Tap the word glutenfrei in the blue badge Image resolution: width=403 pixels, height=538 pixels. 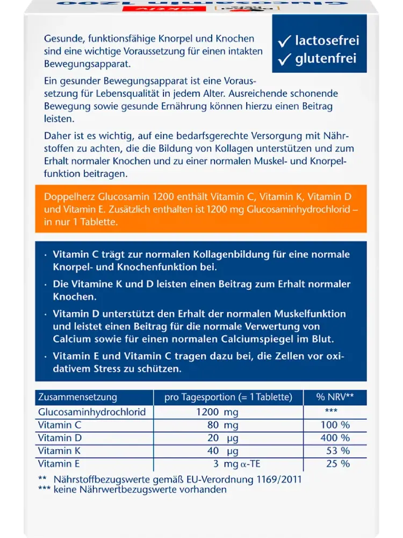pyautogui.click(x=326, y=59)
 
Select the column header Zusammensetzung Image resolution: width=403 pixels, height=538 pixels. pyautogui.click(x=77, y=398)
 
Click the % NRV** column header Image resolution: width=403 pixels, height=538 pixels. pyautogui.click(x=335, y=398)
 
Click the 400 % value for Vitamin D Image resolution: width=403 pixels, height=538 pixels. pyautogui.click(x=335, y=438)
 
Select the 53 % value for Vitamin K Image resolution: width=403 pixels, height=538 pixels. pyautogui.click(x=338, y=451)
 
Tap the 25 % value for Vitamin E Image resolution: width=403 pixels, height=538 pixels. pyautogui.click(x=338, y=464)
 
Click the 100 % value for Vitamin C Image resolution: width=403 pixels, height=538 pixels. pyautogui.click(x=335, y=425)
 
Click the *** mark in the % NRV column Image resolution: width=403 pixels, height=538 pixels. pyautogui.click(x=331, y=412)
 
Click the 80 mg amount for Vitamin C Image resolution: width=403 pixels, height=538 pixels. pyautogui.click(x=221, y=425)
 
